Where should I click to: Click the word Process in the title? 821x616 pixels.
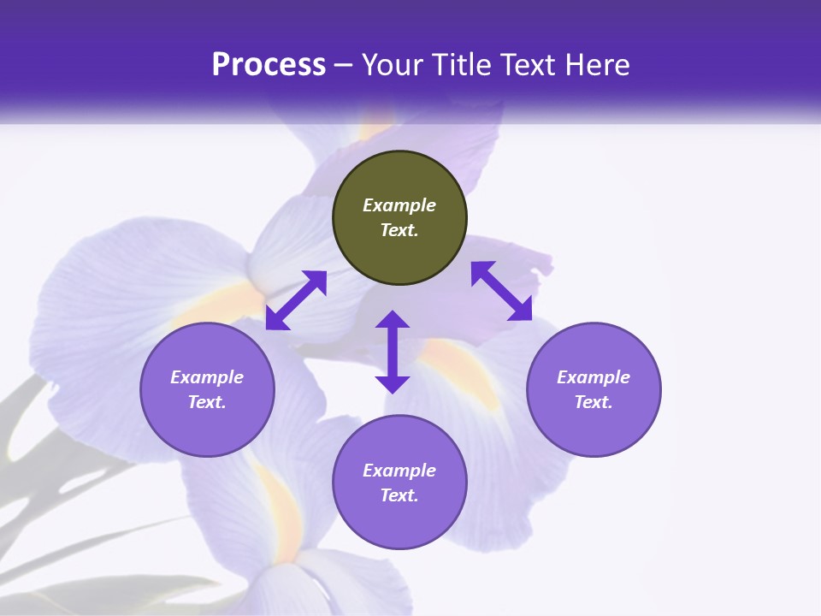pos(269,65)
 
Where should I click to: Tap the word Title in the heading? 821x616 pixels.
pos(463,65)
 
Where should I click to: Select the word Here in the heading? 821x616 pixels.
pos(598,65)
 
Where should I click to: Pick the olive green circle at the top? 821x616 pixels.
pos(399,217)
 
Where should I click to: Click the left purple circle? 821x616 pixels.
pos(207,389)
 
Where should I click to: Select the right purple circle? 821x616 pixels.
pos(594,389)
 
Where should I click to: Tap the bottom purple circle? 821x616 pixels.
pos(399,483)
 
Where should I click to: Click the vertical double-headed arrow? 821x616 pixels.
pos(393,352)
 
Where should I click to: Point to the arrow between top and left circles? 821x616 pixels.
pos(296,299)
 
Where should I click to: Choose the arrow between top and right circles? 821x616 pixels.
pos(502,291)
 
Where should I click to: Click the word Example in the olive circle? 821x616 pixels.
pos(399,205)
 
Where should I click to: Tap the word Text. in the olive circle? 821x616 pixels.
pos(399,230)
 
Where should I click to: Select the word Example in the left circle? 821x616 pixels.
pos(207,377)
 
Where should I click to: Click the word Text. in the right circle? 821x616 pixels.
pos(594,402)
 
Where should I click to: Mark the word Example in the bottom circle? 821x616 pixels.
pos(399,471)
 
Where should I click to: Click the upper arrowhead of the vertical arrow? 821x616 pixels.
pos(393,321)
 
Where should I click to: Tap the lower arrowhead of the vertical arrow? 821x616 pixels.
pos(393,382)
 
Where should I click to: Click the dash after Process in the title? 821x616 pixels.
pos(343,65)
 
